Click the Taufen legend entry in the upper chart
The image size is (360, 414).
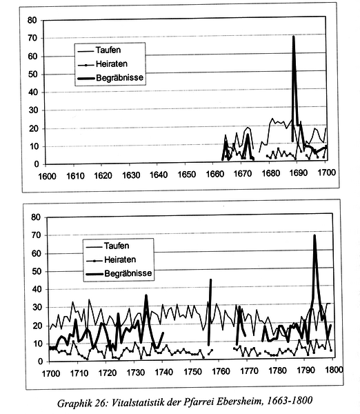pos(99,50)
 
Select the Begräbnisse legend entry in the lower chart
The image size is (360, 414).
pos(119,273)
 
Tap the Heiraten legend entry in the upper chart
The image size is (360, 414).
pos(103,64)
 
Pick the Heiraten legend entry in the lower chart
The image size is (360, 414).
pos(111,260)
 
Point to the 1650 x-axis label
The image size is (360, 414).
pos(186,175)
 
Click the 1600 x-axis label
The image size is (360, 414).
pos(48,177)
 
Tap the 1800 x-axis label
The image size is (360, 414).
pos(334,370)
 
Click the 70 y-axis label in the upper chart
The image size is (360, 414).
pos(32,38)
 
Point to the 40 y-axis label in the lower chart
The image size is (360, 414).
pos(37,290)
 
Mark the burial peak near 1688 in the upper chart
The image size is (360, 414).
pos(294,37)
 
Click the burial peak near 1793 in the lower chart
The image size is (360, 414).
pos(314,235)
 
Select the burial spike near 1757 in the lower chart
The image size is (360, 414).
pos(210,279)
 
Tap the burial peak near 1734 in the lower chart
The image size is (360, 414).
pos(146,295)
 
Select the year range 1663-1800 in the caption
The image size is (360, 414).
pos(290,400)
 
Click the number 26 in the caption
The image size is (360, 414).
pos(101,404)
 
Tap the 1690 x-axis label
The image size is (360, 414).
pos(298,173)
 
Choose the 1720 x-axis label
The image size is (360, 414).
pos(108,373)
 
